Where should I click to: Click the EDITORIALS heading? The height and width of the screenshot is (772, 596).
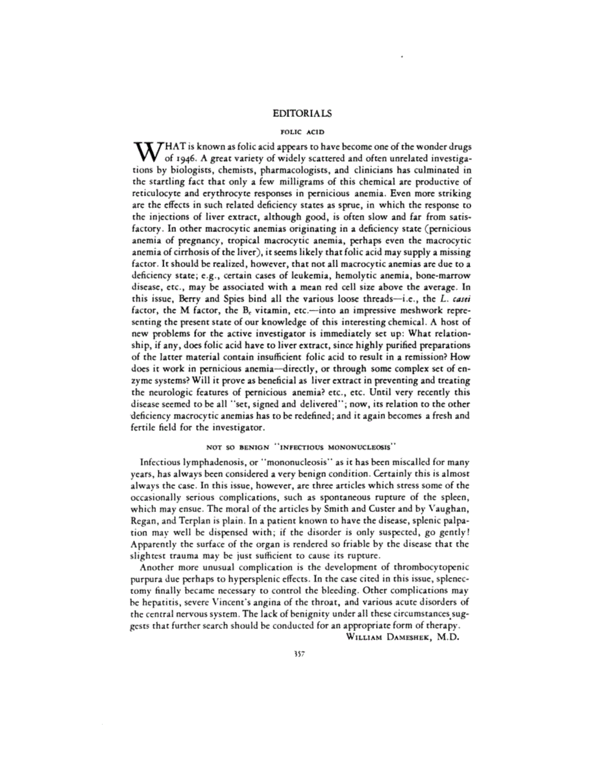(x=303, y=113)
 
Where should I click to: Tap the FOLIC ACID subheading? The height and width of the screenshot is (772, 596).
(x=303, y=131)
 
